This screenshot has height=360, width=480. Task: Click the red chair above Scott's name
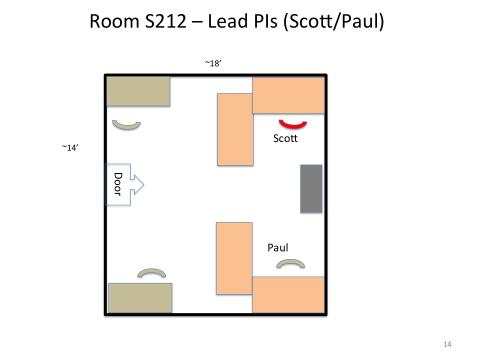[293, 126]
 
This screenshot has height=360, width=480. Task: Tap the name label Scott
[285, 138]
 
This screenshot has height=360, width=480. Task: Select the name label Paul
[278, 248]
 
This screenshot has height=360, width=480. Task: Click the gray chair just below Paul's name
[291, 263]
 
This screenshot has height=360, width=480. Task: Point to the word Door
[118, 184]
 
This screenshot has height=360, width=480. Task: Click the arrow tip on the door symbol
[144, 184]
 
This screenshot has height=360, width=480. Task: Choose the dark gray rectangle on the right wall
[311, 189]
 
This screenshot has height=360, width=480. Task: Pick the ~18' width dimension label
[213, 63]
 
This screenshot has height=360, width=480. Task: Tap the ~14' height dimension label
[70, 148]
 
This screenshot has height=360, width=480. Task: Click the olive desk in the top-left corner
[138, 92]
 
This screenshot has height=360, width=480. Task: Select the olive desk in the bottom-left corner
[140, 298]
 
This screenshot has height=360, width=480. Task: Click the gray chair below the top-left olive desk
[126, 126]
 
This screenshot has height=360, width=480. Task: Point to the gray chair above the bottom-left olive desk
[152, 272]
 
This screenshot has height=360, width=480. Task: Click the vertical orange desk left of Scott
[235, 129]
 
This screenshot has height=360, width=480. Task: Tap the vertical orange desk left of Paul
[234, 259]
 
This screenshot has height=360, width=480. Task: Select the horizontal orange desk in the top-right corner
[289, 95]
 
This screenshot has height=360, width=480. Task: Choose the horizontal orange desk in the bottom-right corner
[289, 295]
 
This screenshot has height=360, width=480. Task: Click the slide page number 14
[447, 344]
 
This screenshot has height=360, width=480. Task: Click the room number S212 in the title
[166, 21]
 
